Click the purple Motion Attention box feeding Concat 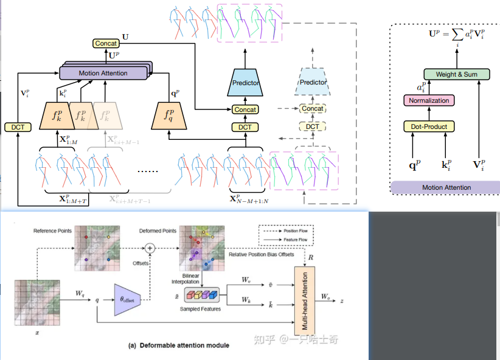[x=103, y=73]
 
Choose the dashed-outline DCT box [x=312, y=126]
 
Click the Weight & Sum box [x=457, y=75]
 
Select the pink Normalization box [x=429, y=100]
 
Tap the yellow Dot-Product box [x=429, y=126]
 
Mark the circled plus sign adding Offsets [x=150, y=247]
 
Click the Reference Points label [x=52, y=230]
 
